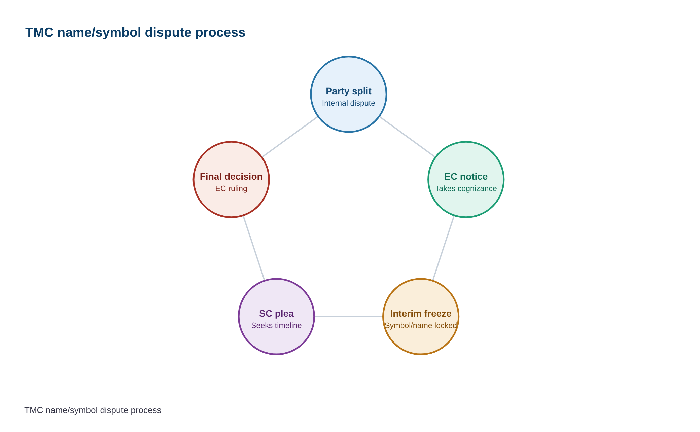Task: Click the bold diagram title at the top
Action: [135, 33]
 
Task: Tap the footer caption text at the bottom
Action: [93, 410]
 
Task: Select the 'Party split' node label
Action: [349, 91]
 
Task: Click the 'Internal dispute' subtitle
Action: [349, 103]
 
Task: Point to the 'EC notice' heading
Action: [466, 177]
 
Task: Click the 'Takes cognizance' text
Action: [466, 188]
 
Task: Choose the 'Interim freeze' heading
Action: [421, 314]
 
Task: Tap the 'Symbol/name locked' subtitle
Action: [421, 325]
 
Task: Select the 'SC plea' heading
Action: [276, 314]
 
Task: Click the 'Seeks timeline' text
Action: [276, 325]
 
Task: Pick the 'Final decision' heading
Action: [231, 177]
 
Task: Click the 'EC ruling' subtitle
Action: [231, 188]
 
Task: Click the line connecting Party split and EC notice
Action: [407, 137]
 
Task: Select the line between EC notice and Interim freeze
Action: [443, 248]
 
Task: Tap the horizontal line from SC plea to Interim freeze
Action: [349, 317]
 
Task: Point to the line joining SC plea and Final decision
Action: [254, 248]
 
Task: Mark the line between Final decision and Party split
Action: [290, 137]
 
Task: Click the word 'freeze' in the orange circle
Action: [436, 314]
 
